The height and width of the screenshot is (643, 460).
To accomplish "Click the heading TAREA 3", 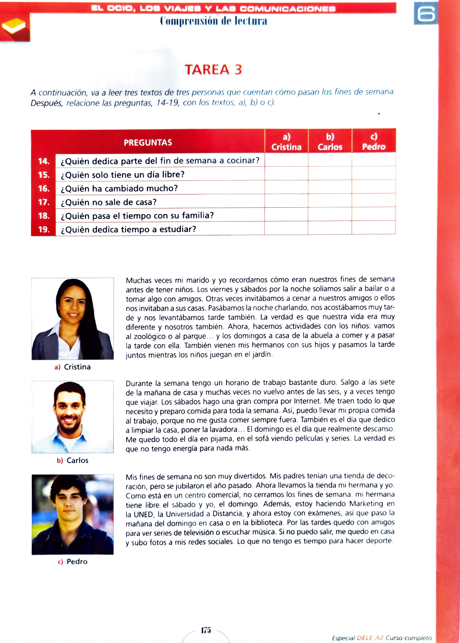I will coord(213,70).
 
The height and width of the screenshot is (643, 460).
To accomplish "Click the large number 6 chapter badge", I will coord(426,14).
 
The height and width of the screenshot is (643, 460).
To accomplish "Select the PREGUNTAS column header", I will coord(148,142).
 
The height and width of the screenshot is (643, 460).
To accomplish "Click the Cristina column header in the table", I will coord(286,142).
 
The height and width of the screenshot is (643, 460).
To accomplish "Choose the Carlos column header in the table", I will coord(330,142).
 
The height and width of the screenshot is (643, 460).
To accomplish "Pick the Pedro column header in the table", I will coord(373,142).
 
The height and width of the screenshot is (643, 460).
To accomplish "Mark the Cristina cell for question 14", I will coord(286,160).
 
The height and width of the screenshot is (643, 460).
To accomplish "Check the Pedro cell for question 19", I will coord(373,228).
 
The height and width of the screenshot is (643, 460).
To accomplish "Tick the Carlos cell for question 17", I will coord(330,201).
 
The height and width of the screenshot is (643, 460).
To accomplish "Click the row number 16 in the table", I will coord(44,188).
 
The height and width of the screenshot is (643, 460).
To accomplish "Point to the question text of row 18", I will coord(137,216).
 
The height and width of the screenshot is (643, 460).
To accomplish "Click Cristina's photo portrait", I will coord(73,319).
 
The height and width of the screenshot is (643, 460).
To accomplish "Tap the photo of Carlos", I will coord(73,417).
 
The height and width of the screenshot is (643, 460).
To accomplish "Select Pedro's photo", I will coord(73,514).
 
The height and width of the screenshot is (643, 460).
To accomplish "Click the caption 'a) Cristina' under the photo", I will coord(73,367).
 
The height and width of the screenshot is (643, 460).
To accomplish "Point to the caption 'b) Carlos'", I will coord(73,461).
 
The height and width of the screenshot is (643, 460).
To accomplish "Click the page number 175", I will coord(206,630).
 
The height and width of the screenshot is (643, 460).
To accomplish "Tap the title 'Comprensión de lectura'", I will coord(213,21).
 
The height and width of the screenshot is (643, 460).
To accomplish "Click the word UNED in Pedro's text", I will coord(143,514).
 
